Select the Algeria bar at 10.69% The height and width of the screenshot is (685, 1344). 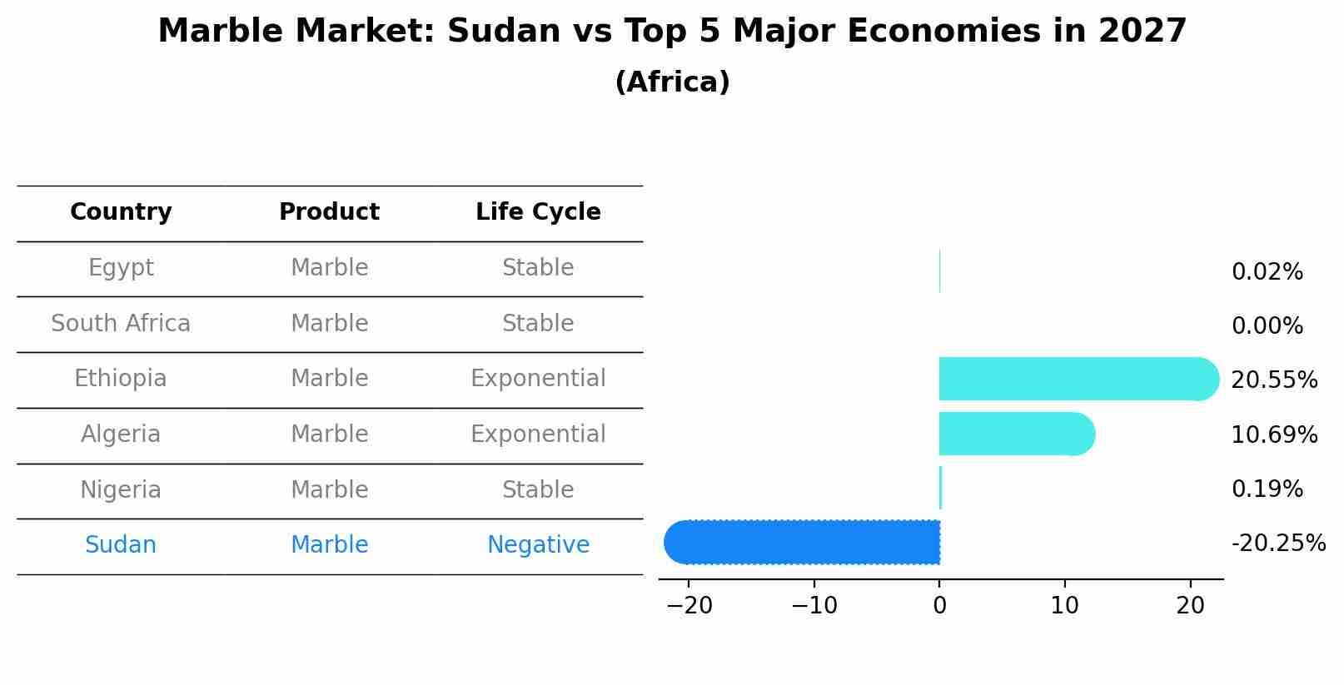(x=1016, y=434)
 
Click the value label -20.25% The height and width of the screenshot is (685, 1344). (x=1278, y=544)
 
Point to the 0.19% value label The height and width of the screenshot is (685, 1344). (x=1267, y=489)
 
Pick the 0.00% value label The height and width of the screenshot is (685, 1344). (x=1267, y=326)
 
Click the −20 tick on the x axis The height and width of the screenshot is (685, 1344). (x=689, y=606)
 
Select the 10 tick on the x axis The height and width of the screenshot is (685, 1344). (x=1064, y=606)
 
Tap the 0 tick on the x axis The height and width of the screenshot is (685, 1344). (x=939, y=606)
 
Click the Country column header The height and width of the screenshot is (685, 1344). (x=121, y=212)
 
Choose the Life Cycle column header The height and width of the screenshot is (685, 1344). (x=538, y=212)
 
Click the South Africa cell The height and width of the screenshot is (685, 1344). (x=121, y=324)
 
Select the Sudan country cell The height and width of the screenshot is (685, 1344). (x=121, y=545)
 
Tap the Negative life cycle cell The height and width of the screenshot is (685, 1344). (x=538, y=545)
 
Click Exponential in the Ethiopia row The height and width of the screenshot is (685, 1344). (x=538, y=379)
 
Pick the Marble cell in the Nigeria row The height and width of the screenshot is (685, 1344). (x=329, y=490)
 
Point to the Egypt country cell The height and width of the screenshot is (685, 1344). (x=121, y=268)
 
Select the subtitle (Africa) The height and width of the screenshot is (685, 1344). (x=672, y=82)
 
